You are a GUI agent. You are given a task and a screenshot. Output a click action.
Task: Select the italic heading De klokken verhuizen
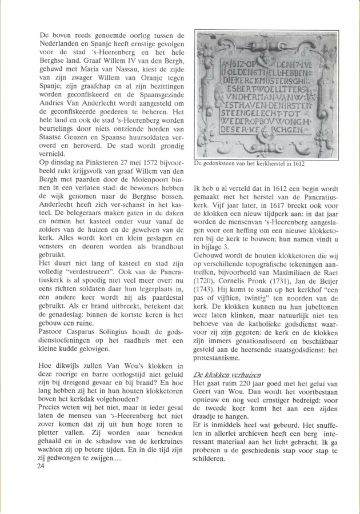click(x=221, y=374)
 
